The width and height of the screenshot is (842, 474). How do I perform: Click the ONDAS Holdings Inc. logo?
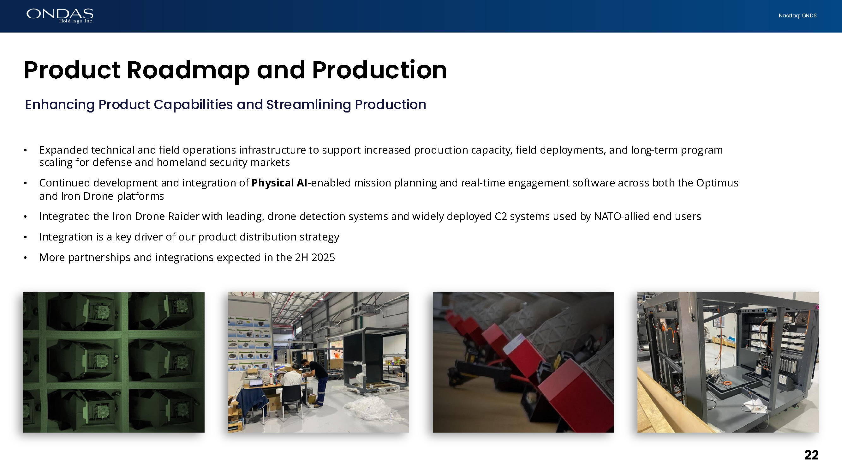tap(60, 16)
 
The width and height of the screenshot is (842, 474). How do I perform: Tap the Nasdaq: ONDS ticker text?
tap(797, 16)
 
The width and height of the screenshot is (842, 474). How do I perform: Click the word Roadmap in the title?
tap(188, 70)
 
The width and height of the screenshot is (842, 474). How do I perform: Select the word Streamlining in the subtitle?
tap(308, 105)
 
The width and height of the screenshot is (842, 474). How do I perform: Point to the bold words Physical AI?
tap(279, 183)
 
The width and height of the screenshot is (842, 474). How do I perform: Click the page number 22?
tap(812, 455)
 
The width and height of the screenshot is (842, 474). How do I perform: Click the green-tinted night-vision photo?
tap(114, 362)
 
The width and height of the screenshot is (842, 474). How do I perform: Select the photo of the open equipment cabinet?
tap(728, 362)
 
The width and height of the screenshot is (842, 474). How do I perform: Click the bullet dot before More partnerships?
tap(25, 258)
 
